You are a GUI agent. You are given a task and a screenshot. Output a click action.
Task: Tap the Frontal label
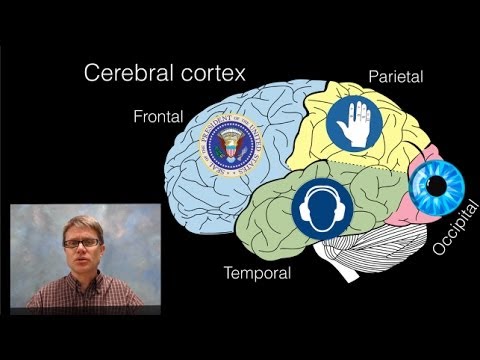158,117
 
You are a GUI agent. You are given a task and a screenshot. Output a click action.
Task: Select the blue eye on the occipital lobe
438,184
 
